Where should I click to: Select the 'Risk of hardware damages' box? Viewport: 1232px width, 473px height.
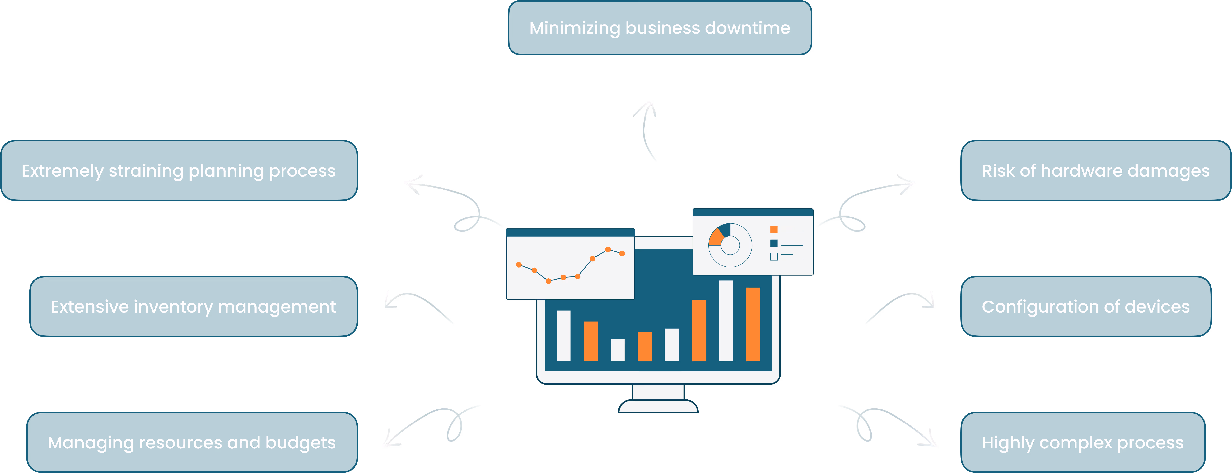pos(1095,170)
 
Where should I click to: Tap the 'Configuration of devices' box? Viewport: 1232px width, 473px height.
pos(1086,306)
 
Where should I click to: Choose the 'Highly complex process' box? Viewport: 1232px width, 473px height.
pos(1082,442)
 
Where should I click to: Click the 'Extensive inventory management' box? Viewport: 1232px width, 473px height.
pos(193,306)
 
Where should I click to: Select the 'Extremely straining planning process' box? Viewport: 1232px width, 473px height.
pos(179,170)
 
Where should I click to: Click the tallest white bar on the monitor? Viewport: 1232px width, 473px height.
pos(726,321)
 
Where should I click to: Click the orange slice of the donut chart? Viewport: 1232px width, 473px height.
pos(716,237)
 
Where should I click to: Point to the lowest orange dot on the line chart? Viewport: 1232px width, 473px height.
pos(548,281)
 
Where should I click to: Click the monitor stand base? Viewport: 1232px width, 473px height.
pos(658,407)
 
